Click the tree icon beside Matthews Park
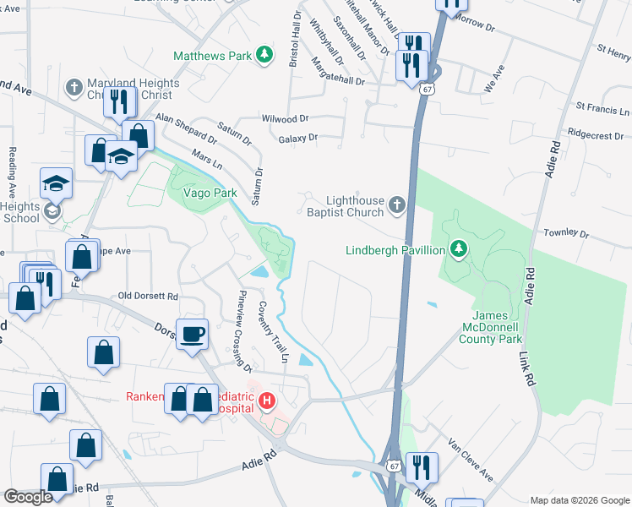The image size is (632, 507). (265, 55)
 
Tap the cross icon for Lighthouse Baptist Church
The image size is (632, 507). (396, 204)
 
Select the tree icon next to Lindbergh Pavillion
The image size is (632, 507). (458, 249)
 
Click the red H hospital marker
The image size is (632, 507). (267, 401)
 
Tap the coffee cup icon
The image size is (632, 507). (192, 333)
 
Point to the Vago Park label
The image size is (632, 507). (202, 194)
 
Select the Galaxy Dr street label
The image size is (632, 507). (297, 137)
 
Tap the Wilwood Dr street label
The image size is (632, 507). (285, 120)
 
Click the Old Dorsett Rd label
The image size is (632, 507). (148, 297)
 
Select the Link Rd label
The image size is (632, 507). (527, 369)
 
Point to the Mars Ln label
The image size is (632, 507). (206, 157)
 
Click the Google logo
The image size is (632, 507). (28, 497)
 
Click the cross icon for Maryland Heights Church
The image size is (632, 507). (74, 88)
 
